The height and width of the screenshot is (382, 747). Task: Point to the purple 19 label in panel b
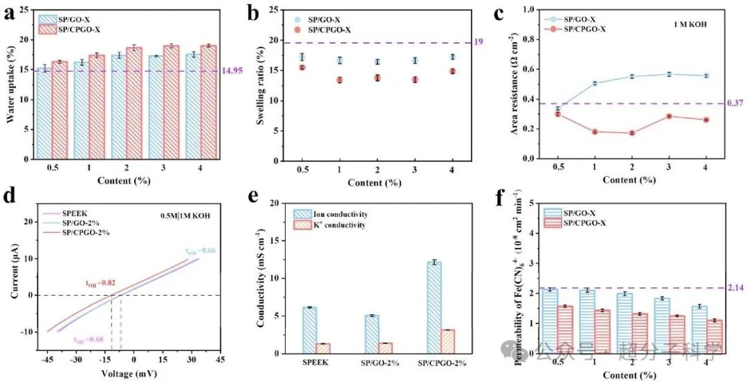point(478,42)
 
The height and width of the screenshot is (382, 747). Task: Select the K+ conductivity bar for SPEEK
point(322,348)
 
